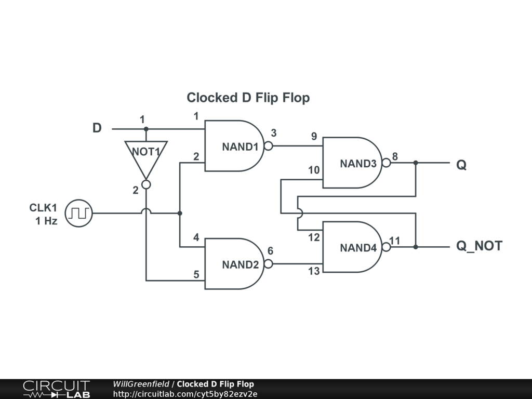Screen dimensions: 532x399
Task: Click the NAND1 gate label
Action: [240, 147]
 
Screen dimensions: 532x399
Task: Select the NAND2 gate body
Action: [234, 263]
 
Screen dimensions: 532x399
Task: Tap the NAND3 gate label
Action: [358, 164]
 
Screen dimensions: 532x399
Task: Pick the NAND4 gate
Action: [352, 247]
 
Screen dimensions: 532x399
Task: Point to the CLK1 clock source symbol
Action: [79, 213]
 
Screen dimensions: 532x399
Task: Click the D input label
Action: [97, 128]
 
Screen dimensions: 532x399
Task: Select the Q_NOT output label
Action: [479, 246]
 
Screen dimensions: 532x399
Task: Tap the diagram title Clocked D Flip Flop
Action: [248, 98]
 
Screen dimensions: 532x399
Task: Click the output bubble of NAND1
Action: [269, 146]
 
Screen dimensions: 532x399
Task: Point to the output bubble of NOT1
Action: [146, 184]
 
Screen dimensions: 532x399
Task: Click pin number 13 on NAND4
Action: [314, 271]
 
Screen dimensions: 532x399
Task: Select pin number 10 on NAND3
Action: [314, 170]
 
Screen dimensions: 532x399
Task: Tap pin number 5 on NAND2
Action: [196, 274]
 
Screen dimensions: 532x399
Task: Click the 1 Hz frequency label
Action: [46, 221]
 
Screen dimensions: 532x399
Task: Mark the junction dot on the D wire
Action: [146, 129]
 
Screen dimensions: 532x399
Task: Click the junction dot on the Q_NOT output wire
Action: [416, 247]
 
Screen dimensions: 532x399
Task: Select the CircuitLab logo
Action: [56, 389]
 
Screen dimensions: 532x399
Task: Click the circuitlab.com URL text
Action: [185, 394]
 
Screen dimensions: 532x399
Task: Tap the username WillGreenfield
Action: [141, 384]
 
